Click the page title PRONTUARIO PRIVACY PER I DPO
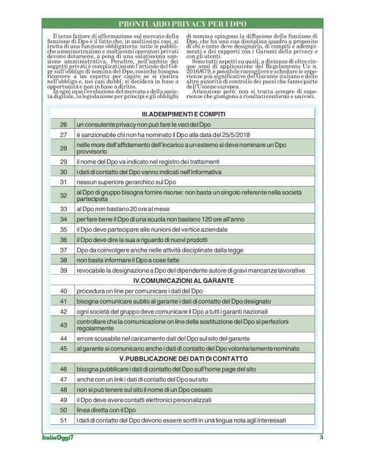click(x=182, y=23)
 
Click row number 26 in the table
click(x=63, y=125)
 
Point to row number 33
click(x=63, y=208)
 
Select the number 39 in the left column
click(x=63, y=270)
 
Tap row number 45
click(x=63, y=348)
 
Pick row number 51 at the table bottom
click(x=63, y=420)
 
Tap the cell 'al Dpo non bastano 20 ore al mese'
click(x=125, y=208)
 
